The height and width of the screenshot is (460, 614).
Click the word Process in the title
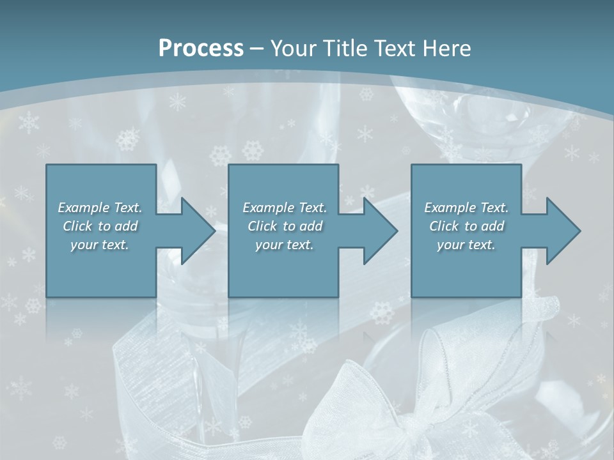coord(201,49)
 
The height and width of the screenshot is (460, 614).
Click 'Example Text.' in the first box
coord(100,208)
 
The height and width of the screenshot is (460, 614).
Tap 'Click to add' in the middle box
coord(285,226)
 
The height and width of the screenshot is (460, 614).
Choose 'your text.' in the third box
coord(466,245)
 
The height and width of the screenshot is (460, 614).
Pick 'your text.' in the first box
coord(100,245)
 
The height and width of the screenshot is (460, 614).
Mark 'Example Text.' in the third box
coord(466,208)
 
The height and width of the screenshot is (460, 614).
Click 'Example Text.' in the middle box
coord(285,208)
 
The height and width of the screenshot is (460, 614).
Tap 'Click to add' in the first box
coord(100,226)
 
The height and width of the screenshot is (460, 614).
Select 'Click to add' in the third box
coord(466,226)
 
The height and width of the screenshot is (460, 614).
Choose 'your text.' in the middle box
coord(285,245)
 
